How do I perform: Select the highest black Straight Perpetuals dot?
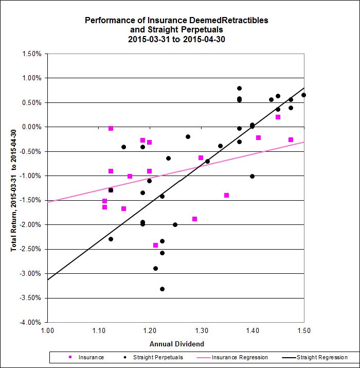239,88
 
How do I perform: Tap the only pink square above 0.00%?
278,117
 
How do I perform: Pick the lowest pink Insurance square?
155,245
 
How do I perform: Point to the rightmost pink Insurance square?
291,139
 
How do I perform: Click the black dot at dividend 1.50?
303,95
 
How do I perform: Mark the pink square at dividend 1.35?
226,195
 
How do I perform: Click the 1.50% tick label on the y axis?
32,54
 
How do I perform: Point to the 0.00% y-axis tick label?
32,127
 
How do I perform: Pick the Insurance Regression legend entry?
240,357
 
